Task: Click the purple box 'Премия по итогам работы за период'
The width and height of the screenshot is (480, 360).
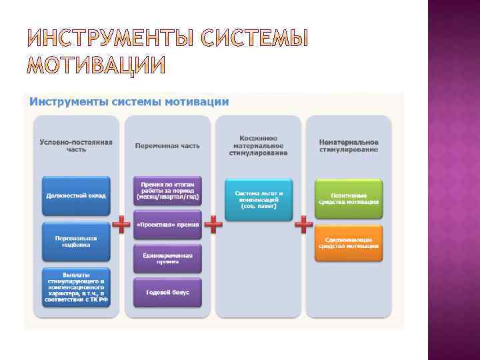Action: [167, 191]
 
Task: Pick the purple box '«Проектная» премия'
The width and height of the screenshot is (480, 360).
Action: [167, 225]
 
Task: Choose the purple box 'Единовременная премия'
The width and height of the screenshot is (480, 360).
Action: [167, 259]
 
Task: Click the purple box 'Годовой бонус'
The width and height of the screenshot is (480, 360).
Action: [167, 293]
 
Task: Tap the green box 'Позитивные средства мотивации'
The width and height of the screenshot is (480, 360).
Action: [349, 198]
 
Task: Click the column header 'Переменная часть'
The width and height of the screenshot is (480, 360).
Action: [167, 146]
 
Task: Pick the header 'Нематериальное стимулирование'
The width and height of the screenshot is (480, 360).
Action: [349, 146]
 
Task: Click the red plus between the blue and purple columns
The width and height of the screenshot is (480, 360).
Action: [121, 224]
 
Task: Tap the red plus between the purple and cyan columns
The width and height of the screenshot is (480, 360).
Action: [213, 224]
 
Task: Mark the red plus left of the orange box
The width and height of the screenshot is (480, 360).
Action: [304, 224]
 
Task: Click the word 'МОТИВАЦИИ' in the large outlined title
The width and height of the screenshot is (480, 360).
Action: [96, 66]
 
